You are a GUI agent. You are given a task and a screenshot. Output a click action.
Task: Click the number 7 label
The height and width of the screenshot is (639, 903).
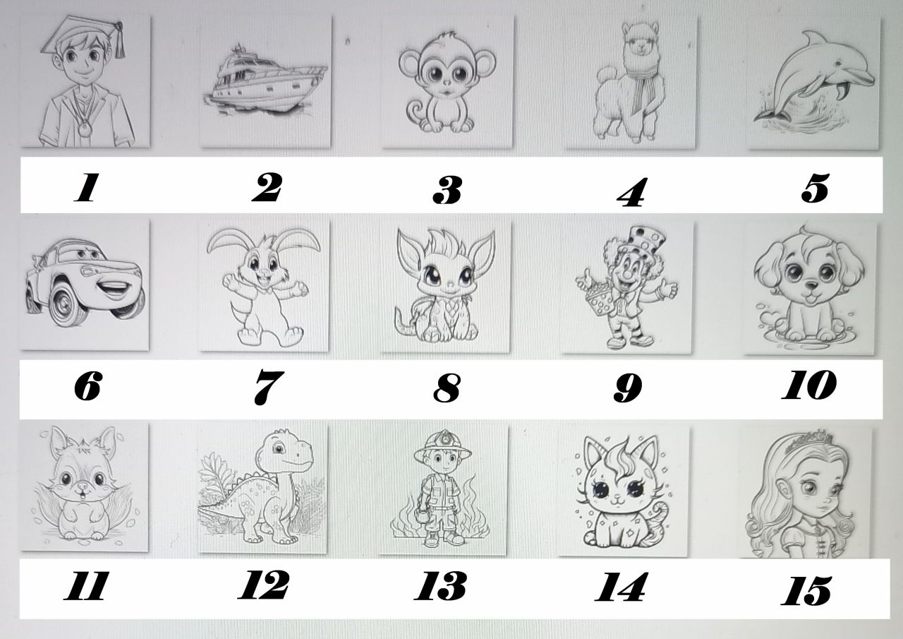click(x=269, y=388)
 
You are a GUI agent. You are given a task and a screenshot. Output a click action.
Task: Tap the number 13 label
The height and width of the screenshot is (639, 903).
click(x=441, y=586)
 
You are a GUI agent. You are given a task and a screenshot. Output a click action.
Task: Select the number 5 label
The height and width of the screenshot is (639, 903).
click(x=815, y=188)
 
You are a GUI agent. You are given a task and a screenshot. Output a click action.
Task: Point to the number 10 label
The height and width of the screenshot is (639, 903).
click(x=809, y=385)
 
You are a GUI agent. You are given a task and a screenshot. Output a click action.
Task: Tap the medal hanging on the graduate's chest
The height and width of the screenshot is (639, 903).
click(x=85, y=129)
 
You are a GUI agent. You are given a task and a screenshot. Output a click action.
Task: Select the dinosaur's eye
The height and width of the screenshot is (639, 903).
click(x=277, y=448)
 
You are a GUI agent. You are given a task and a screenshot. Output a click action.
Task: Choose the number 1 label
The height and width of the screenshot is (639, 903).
click(x=87, y=187)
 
